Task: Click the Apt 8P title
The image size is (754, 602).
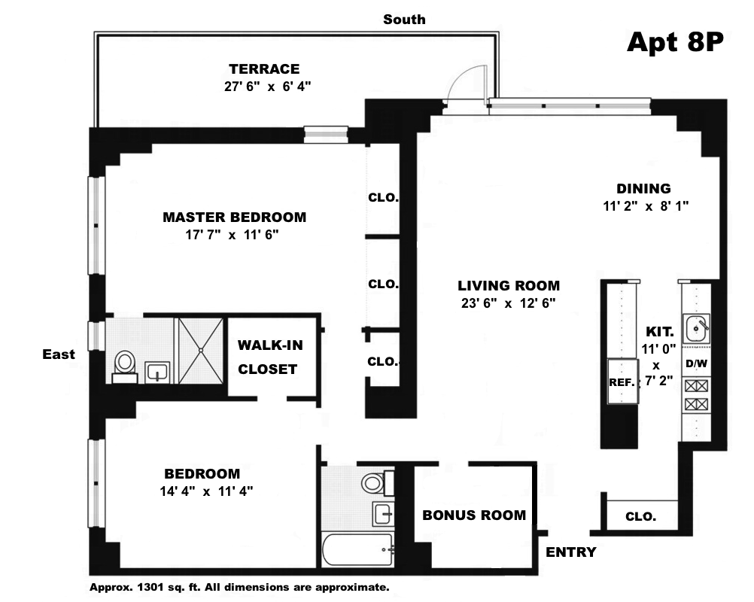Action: click(x=675, y=42)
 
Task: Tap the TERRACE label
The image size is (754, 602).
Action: click(x=264, y=69)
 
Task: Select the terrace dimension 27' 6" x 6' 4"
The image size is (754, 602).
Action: click(x=267, y=87)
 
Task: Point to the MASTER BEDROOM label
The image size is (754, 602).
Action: click(x=234, y=217)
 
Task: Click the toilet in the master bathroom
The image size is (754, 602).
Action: click(x=125, y=366)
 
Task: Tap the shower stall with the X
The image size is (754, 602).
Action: click(x=201, y=351)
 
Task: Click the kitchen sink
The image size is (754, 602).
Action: click(x=696, y=328)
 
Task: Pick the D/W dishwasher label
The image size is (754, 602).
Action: click(x=696, y=364)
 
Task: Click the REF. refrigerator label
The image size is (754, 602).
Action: click(x=622, y=383)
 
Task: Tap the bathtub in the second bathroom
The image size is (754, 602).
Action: click(x=357, y=549)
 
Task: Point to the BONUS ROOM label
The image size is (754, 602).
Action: click(x=474, y=515)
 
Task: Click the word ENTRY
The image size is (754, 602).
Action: click(x=571, y=552)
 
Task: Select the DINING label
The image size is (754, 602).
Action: click(x=643, y=188)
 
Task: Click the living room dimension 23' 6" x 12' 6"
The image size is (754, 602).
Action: click(x=508, y=303)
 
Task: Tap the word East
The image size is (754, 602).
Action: click(x=59, y=354)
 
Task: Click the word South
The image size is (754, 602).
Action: click(x=404, y=20)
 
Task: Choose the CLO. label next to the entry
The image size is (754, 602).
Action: click(x=640, y=517)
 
